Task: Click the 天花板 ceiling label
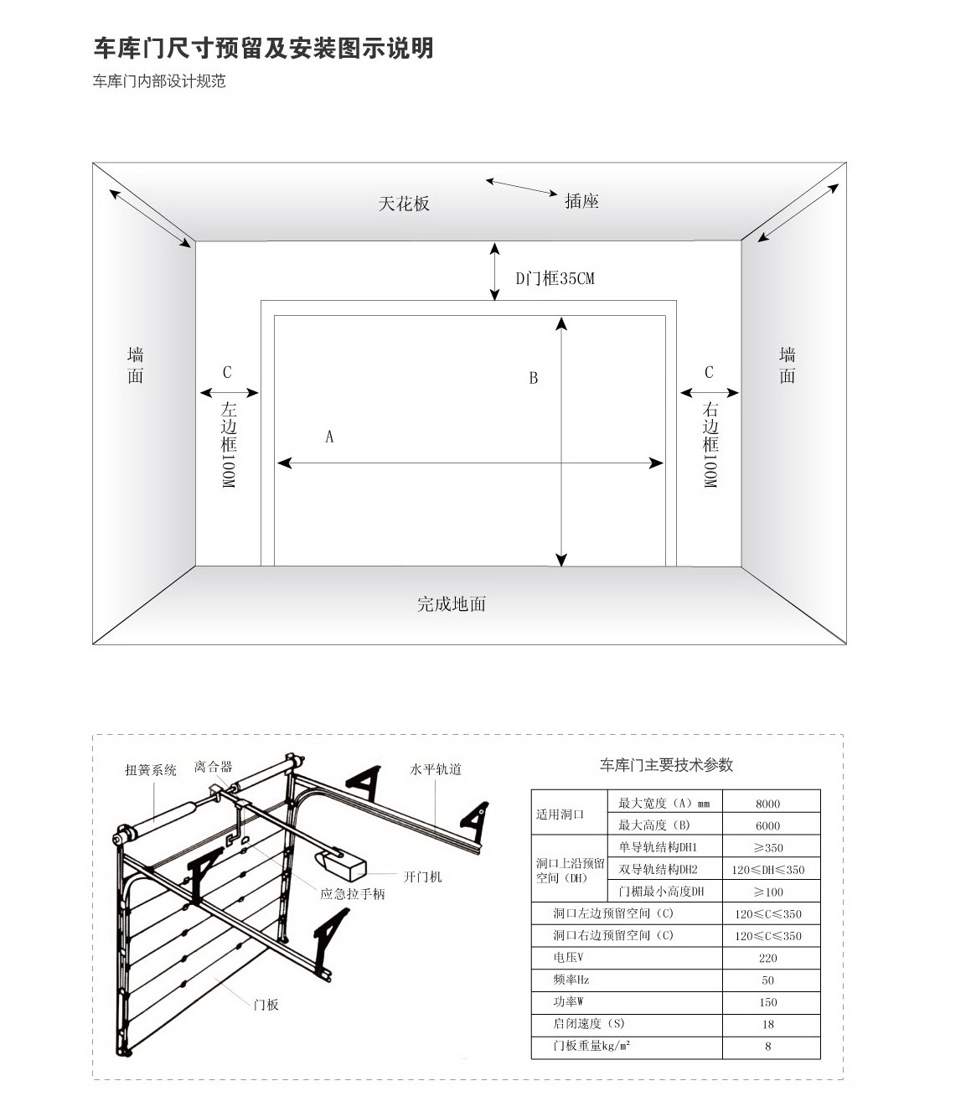404,204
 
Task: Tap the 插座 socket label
581,201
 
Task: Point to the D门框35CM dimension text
555,278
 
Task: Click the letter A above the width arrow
329,437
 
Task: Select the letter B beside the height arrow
534,378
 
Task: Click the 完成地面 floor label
452,604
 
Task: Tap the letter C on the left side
227,372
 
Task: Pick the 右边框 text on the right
710,427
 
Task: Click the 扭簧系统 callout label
151,770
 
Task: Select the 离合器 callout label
214,767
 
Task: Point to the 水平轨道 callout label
436,769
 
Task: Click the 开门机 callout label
422,877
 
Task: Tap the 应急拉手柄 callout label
353,894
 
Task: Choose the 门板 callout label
266,1005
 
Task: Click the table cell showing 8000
767,804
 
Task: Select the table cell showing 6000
767,826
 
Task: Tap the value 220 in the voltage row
767,958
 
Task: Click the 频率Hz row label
571,980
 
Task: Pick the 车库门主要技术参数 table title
666,765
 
